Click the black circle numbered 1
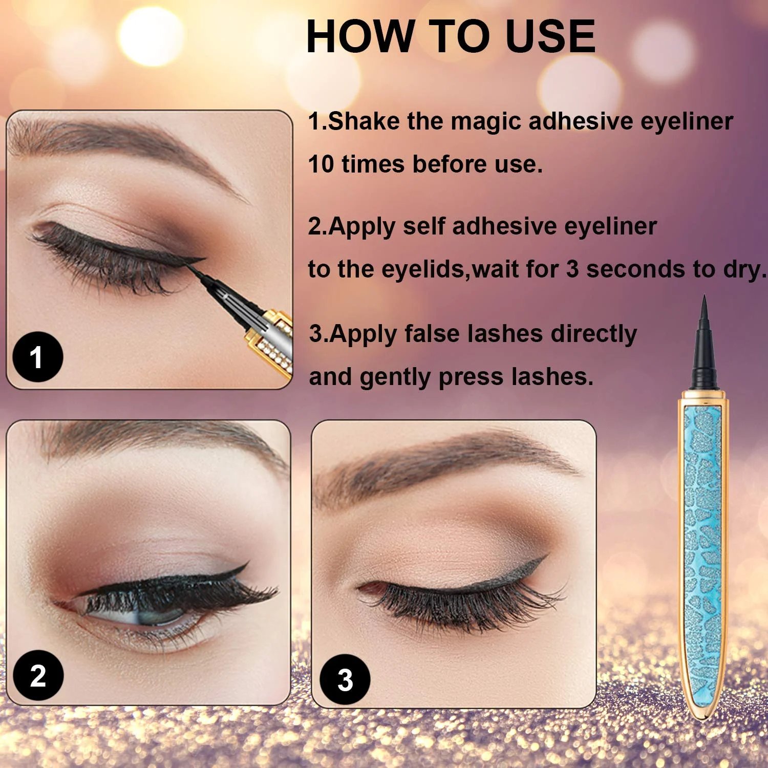37,357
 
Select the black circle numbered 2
38,675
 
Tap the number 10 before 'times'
321,164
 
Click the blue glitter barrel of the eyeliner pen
702,548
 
